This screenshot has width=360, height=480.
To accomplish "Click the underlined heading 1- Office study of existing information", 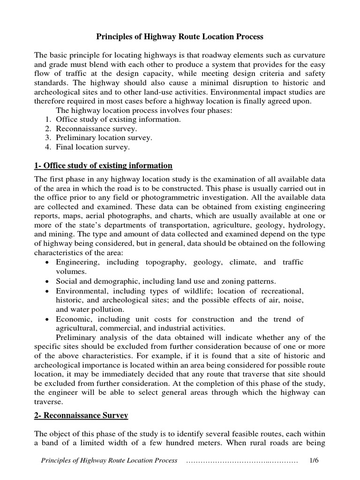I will coord(104,165).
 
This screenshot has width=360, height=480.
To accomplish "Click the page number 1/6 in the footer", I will coord(314,461).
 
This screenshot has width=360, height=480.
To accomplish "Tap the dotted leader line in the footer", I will coord(242,461).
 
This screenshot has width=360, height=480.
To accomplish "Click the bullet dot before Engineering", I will coord(48,262).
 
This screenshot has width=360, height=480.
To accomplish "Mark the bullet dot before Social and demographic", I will coord(48,281).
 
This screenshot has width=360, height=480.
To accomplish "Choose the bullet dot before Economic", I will coord(48,319).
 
